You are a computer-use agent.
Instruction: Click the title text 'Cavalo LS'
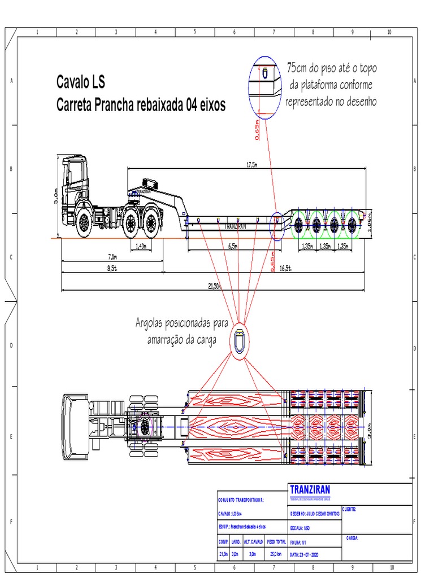80,82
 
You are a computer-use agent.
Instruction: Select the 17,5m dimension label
251,165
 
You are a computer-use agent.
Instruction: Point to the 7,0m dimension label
112,256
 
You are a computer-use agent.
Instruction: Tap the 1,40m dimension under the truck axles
141,247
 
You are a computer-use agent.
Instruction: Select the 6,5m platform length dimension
232,247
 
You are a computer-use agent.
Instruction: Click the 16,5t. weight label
285,269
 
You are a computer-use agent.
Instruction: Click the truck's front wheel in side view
84,222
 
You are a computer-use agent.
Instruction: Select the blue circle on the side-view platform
277,226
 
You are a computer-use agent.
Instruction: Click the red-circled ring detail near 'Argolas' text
238,341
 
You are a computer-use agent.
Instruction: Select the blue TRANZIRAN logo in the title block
310,489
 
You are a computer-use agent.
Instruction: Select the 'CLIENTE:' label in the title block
349,509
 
